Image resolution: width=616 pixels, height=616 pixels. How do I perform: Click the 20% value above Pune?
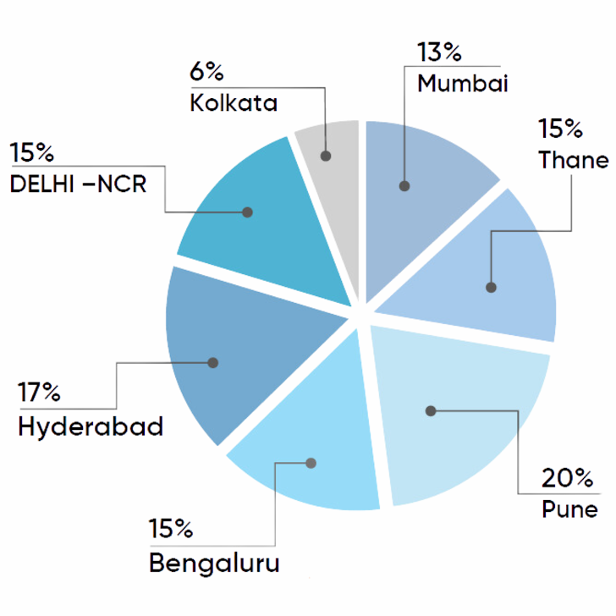click(x=567, y=478)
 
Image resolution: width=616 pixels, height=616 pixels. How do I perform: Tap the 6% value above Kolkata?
click(x=206, y=71)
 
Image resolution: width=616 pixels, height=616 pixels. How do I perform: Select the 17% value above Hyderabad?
click(x=39, y=392)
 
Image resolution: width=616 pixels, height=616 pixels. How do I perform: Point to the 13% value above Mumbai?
click(x=439, y=52)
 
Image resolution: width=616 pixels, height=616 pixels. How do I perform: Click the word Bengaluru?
click(x=215, y=563)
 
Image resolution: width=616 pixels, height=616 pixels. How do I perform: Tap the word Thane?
click(x=574, y=159)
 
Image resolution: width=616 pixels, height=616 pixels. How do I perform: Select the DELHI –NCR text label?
click(x=78, y=184)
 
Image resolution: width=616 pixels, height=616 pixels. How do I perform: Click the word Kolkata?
click(x=234, y=102)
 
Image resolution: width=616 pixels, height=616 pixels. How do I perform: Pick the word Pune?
click(x=570, y=509)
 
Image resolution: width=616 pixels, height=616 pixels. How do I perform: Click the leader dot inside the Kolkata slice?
click(x=325, y=156)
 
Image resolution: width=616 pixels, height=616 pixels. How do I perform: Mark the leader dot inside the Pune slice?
click(x=431, y=411)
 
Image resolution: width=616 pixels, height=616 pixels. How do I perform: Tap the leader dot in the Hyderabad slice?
click(x=213, y=363)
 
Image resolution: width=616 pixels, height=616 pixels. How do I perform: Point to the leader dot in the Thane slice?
click(x=491, y=288)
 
